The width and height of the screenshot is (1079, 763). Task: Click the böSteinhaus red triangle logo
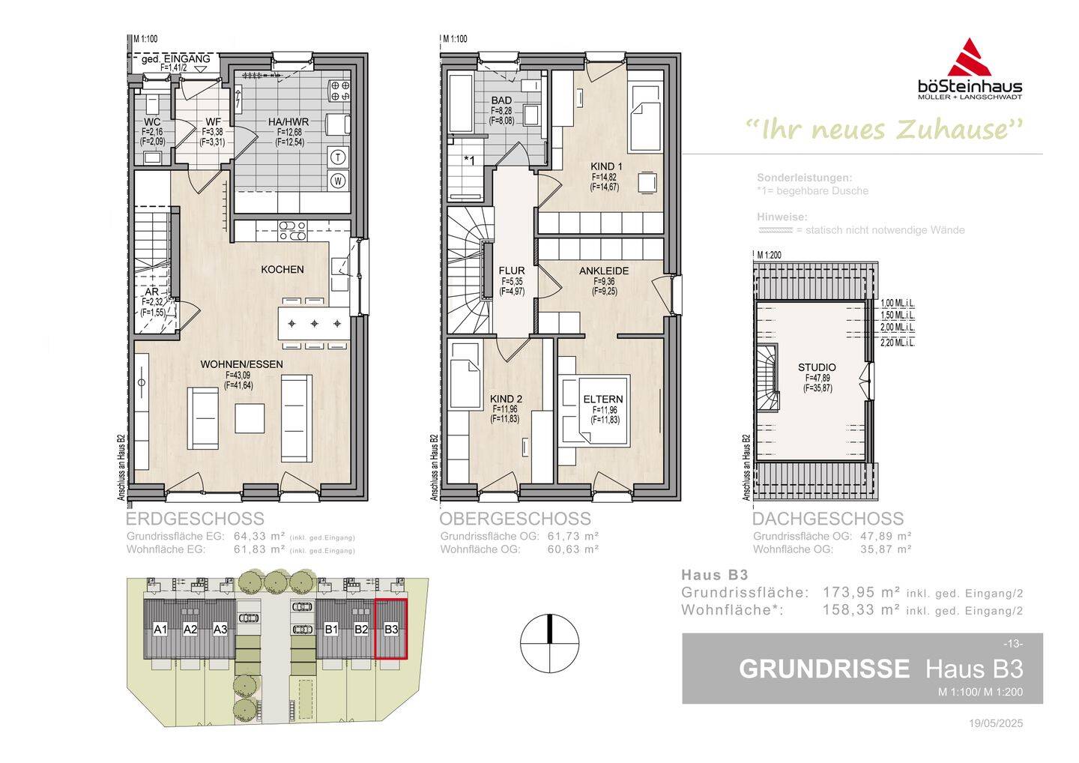point(970,58)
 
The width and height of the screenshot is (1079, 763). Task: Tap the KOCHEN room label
point(282,269)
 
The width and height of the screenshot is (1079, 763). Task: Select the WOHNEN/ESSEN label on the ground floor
point(241,364)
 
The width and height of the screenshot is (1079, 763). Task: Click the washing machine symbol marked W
point(339,180)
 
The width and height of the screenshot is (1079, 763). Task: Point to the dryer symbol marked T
point(339,157)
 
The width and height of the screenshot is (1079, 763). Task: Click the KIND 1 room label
point(605,166)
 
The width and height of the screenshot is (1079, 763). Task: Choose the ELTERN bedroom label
point(603,399)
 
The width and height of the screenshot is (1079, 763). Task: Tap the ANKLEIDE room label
point(603,271)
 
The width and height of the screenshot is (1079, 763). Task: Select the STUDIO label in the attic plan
point(816,367)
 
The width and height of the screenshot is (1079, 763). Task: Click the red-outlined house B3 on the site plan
point(390,629)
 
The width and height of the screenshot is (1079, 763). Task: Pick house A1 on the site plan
point(160,629)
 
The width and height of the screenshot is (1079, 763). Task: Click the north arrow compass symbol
point(550,643)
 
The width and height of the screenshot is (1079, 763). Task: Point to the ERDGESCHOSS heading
point(195,519)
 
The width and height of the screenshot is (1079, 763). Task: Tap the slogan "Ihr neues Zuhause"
point(884,130)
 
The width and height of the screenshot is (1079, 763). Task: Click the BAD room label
point(501,100)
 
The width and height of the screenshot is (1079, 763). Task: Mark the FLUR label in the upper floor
point(512,271)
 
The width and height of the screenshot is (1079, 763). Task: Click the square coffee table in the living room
point(250,418)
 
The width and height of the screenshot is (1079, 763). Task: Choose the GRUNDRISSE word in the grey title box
point(824,669)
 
